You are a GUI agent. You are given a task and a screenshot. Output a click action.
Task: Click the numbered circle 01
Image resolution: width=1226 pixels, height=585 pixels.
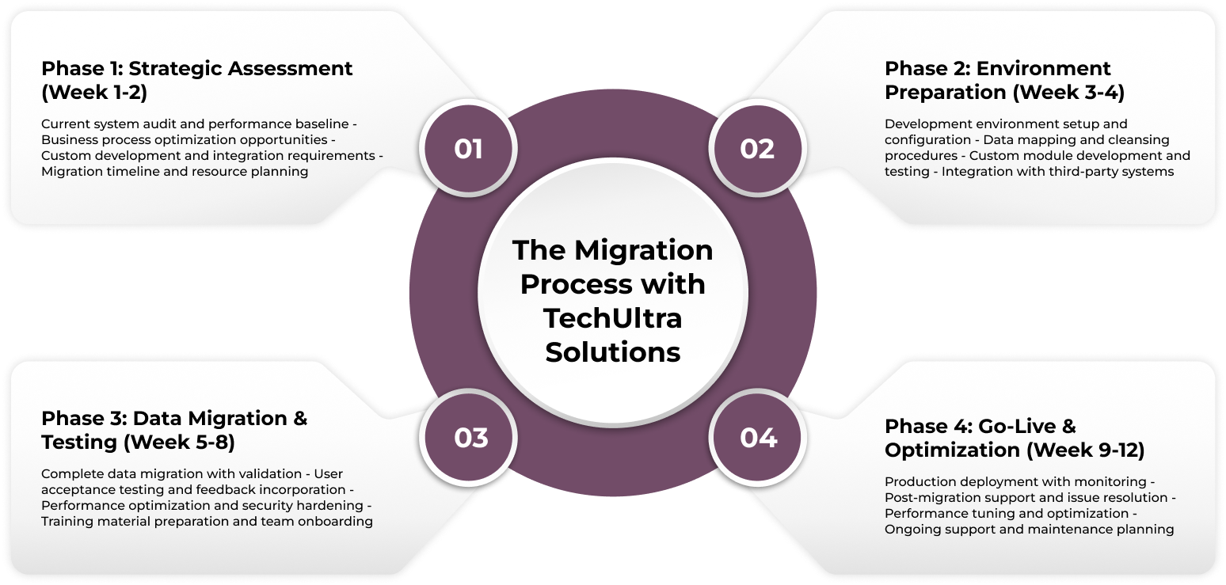click(x=468, y=149)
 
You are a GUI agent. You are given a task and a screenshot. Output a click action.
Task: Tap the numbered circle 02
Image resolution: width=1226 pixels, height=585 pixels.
click(x=756, y=149)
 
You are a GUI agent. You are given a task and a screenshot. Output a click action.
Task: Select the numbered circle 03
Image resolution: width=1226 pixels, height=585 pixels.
click(x=470, y=438)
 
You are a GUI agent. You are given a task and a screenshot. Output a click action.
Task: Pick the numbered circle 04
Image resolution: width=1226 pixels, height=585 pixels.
click(x=758, y=438)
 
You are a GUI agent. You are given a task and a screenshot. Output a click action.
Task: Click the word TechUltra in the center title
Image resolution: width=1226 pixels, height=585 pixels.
click(x=612, y=317)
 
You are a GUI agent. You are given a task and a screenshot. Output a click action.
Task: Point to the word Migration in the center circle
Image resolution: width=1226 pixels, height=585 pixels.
click(x=643, y=250)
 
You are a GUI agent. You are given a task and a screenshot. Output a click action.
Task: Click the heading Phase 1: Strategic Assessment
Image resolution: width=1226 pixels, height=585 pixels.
click(x=196, y=69)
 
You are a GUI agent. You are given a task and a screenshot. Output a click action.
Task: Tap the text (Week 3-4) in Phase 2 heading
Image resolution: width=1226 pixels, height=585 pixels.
click(x=1069, y=93)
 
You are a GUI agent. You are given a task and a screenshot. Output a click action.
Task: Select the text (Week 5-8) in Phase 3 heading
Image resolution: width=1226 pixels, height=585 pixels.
click(x=179, y=443)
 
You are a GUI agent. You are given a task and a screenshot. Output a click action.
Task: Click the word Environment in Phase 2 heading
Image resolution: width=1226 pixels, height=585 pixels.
click(x=1038, y=69)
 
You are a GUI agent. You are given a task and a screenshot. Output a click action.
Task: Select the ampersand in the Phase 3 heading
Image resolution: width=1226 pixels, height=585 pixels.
click(x=299, y=419)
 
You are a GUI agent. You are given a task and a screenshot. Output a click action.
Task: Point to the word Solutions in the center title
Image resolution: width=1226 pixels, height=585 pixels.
click(x=612, y=351)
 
